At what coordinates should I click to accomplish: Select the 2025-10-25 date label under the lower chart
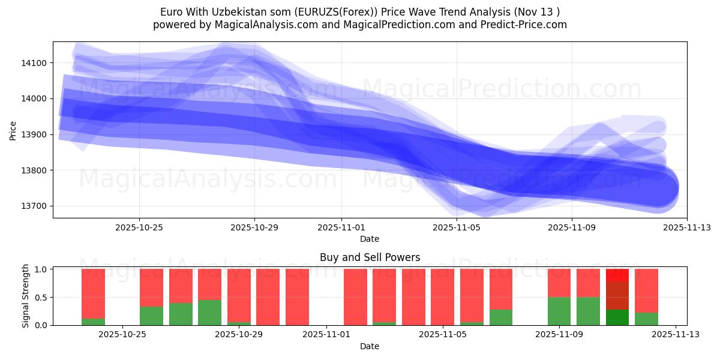(122, 335)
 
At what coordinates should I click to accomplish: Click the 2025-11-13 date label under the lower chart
(676, 335)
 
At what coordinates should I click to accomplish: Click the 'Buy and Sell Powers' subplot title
(370, 258)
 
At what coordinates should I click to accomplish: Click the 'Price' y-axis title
(13, 130)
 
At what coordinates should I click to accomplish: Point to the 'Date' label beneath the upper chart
(370, 239)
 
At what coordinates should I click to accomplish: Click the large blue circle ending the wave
(659, 188)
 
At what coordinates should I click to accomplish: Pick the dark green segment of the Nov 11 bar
(617, 317)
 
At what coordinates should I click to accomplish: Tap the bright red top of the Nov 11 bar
(617, 275)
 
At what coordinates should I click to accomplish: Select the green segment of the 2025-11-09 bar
(559, 311)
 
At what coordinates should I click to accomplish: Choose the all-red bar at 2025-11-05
(442, 297)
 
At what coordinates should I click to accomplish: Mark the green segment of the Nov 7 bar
(501, 317)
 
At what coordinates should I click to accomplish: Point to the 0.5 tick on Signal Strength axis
(43, 298)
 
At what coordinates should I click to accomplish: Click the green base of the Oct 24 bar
(93, 322)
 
